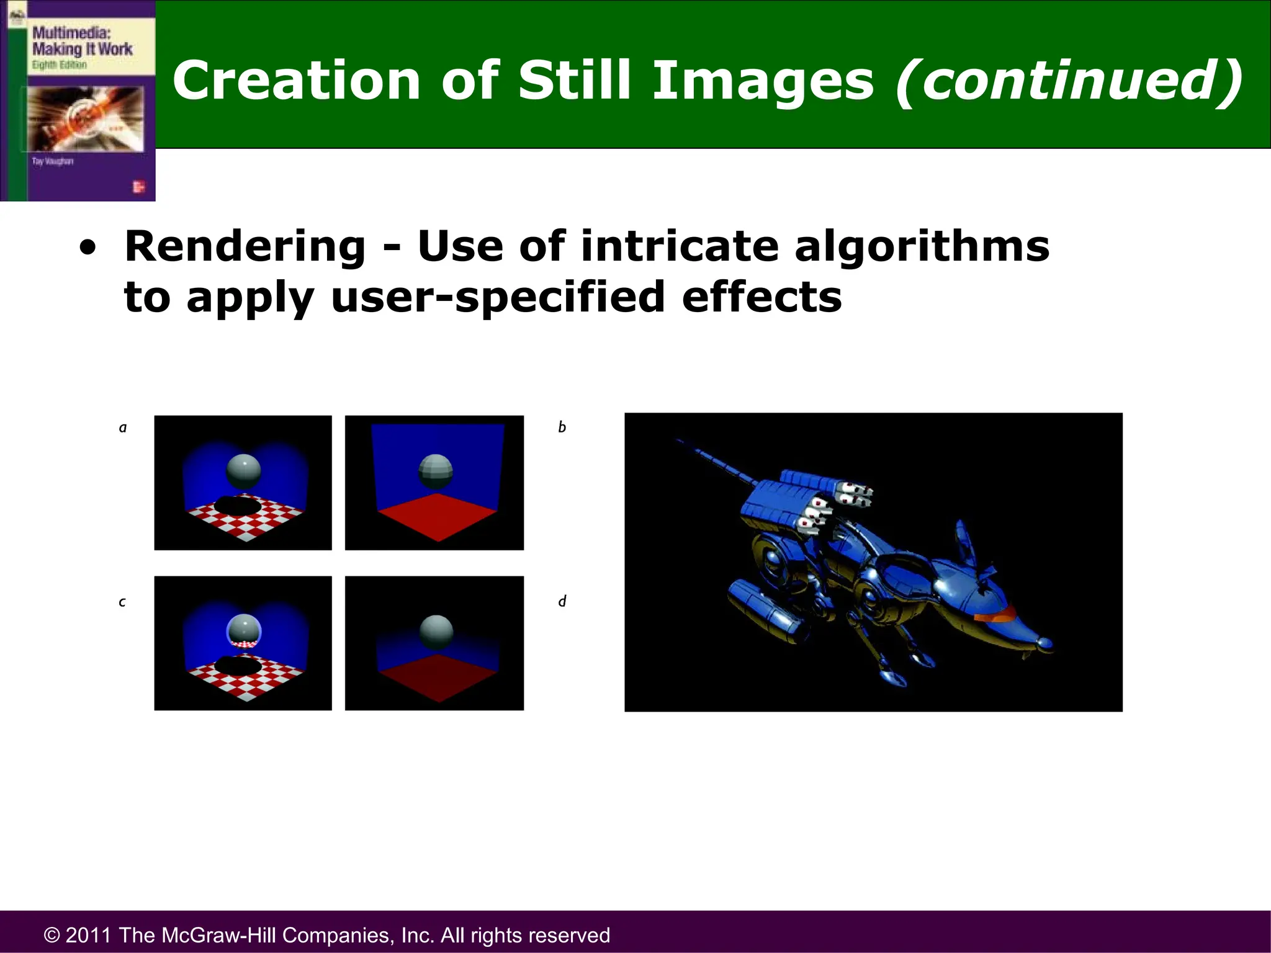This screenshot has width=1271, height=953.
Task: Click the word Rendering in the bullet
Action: click(x=245, y=247)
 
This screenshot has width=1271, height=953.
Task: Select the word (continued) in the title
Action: click(x=1069, y=81)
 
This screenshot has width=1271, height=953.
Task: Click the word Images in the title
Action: click(x=762, y=81)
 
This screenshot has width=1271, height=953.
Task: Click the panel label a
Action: click(x=123, y=427)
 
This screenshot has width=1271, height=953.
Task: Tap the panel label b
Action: click(x=562, y=427)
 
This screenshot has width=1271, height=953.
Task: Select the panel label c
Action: click(x=122, y=602)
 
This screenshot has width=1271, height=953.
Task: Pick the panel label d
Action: click(x=562, y=601)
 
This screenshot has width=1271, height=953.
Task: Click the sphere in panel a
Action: click(x=243, y=472)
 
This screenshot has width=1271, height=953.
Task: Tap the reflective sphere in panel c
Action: click(x=243, y=630)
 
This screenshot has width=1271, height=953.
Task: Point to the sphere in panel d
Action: click(x=436, y=632)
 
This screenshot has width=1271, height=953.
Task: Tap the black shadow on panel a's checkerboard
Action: click(x=238, y=505)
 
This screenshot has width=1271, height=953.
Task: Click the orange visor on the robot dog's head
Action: click(x=994, y=615)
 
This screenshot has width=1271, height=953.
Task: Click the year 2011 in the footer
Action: click(x=89, y=935)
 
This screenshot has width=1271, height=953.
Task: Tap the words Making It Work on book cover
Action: click(x=82, y=49)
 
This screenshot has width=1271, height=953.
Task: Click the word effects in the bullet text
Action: click(x=761, y=297)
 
